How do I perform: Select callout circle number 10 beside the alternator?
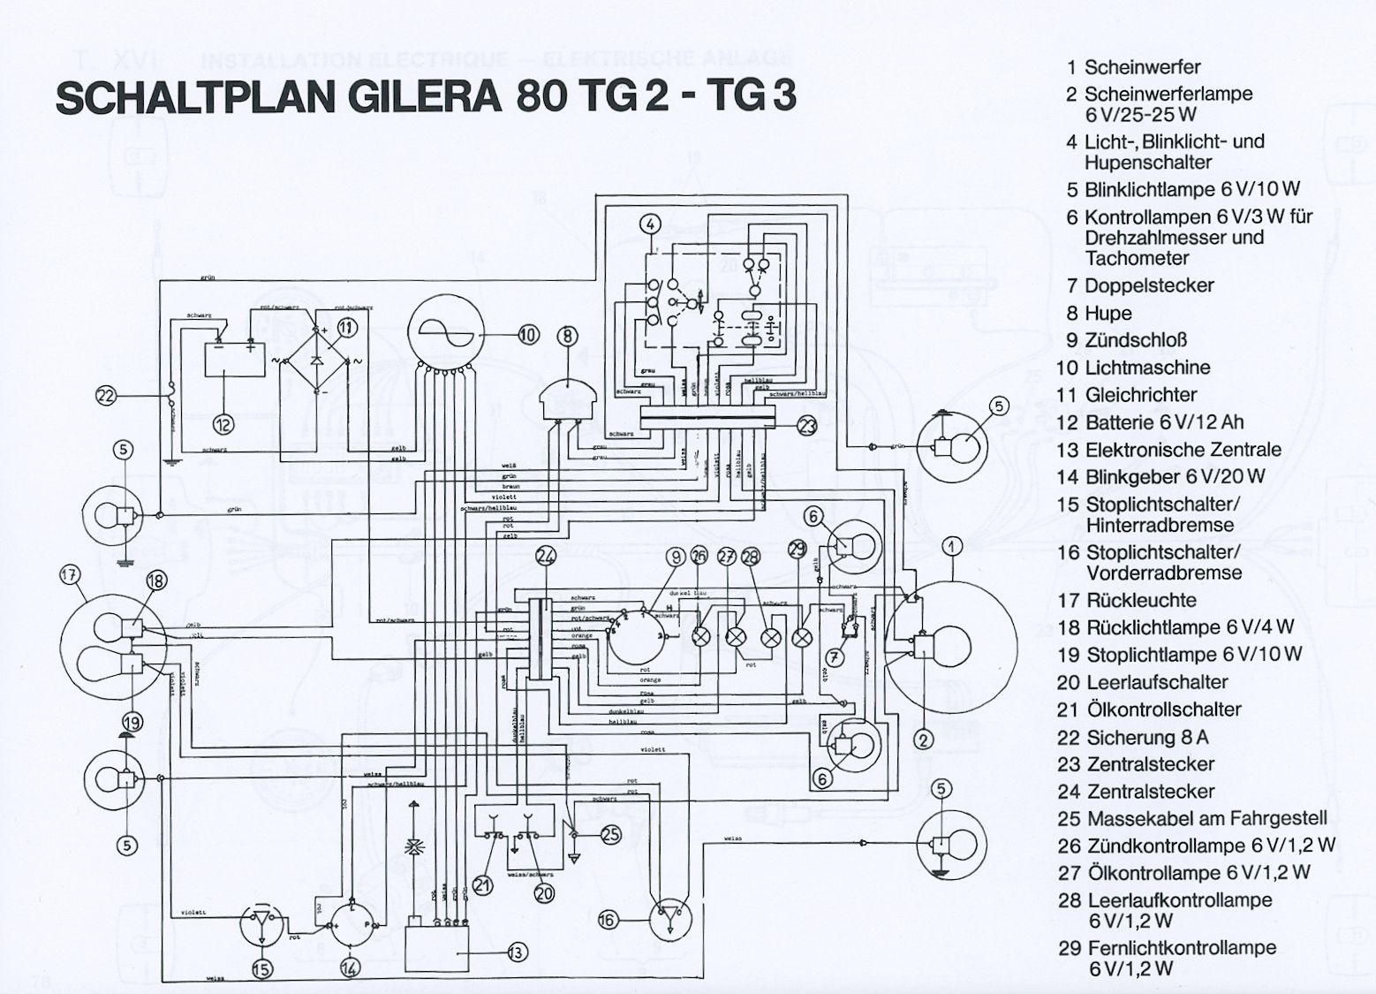[527, 335]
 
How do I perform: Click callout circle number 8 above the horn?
[567, 336]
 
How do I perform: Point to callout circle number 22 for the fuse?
[106, 396]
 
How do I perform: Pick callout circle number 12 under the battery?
[223, 425]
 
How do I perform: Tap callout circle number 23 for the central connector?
[806, 427]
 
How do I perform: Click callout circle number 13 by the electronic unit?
[517, 952]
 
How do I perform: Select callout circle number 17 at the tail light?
[69, 575]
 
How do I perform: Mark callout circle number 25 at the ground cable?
[610, 834]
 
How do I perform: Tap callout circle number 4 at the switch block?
[649, 224]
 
